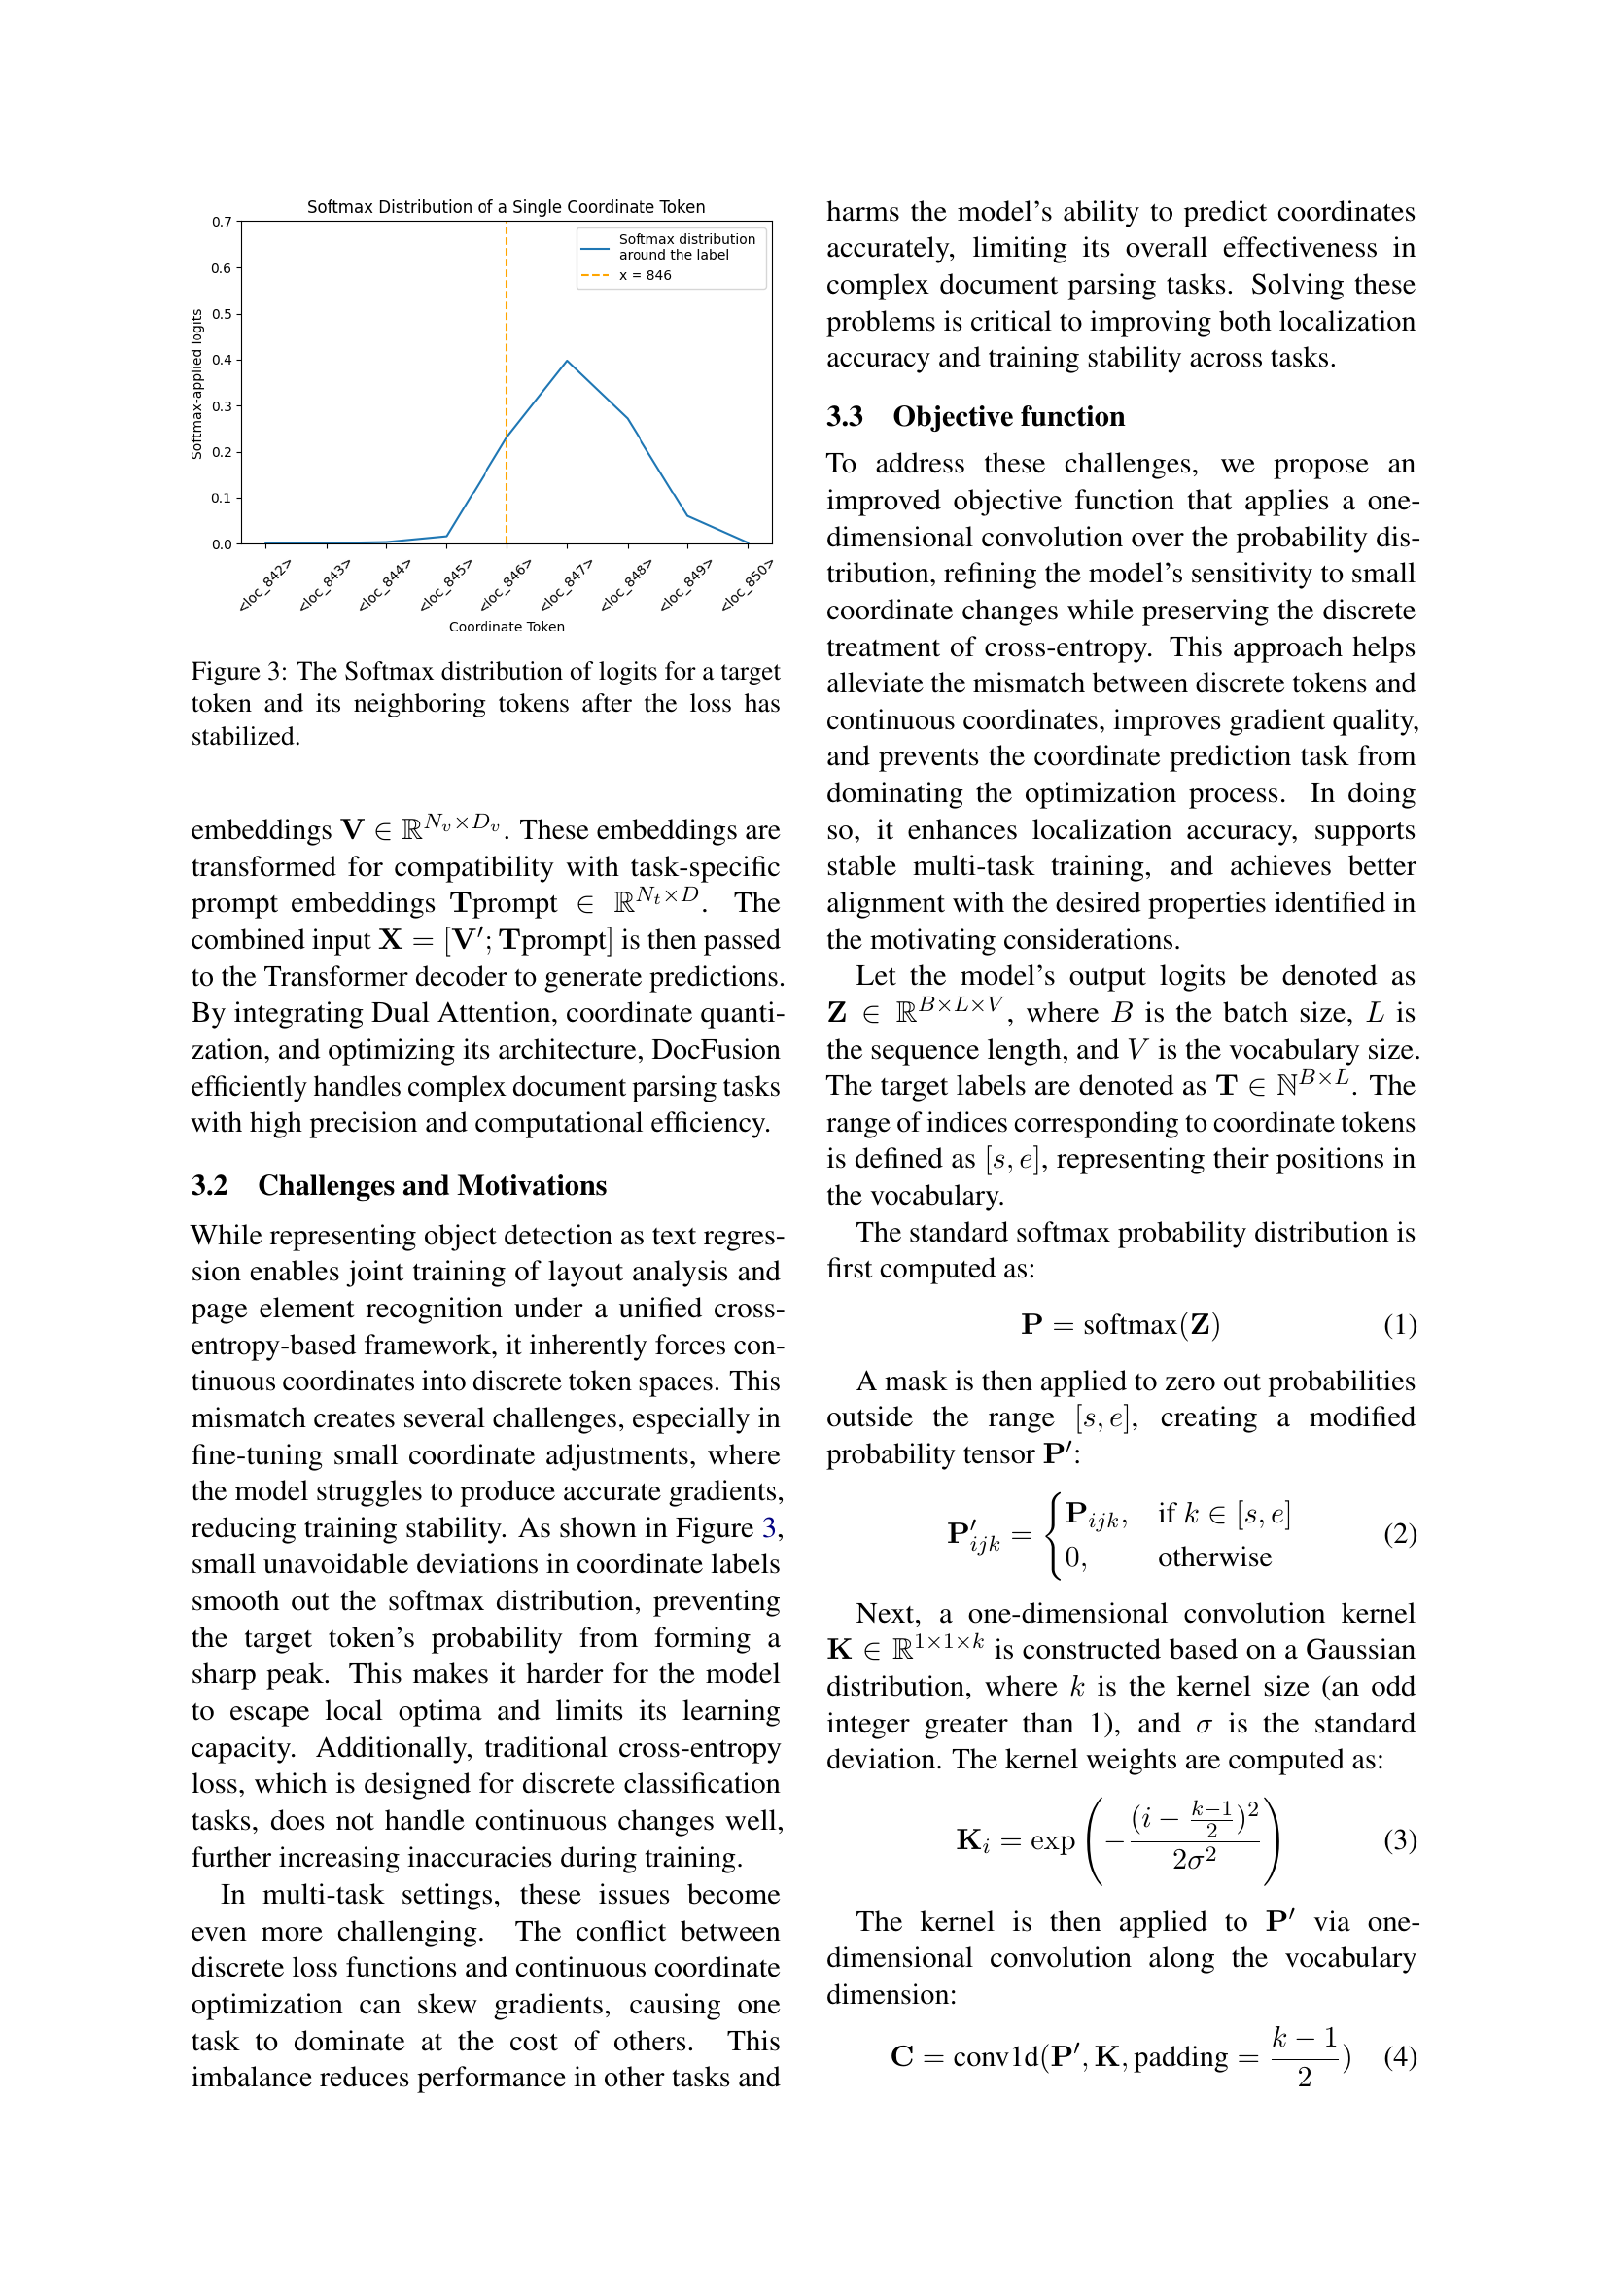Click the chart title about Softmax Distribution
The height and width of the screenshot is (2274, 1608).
[x=505, y=207]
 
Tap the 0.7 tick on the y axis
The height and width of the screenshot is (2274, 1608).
[x=222, y=222]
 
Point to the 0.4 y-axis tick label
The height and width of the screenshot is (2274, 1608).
[x=222, y=361]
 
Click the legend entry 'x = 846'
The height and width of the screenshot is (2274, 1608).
[x=645, y=275]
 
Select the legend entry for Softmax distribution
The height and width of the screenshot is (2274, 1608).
[x=686, y=247]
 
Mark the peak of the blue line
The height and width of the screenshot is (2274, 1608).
[x=568, y=362]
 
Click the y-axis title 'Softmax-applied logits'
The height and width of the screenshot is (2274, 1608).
[x=197, y=384]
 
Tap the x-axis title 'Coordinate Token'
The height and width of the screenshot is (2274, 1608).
[x=506, y=626]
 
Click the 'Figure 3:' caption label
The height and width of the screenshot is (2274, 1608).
[x=238, y=672]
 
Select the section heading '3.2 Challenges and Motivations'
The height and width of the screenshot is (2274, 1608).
[x=398, y=1185]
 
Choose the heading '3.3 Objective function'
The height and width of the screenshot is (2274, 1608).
[x=975, y=416]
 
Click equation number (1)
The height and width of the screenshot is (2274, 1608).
[x=1399, y=1325]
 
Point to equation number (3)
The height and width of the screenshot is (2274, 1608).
[x=1399, y=1840]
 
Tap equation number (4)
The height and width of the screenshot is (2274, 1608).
[x=1399, y=2056]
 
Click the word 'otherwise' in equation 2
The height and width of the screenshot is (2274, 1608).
[x=1214, y=1557]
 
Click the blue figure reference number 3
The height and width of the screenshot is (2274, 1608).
[x=768, y=1528]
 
